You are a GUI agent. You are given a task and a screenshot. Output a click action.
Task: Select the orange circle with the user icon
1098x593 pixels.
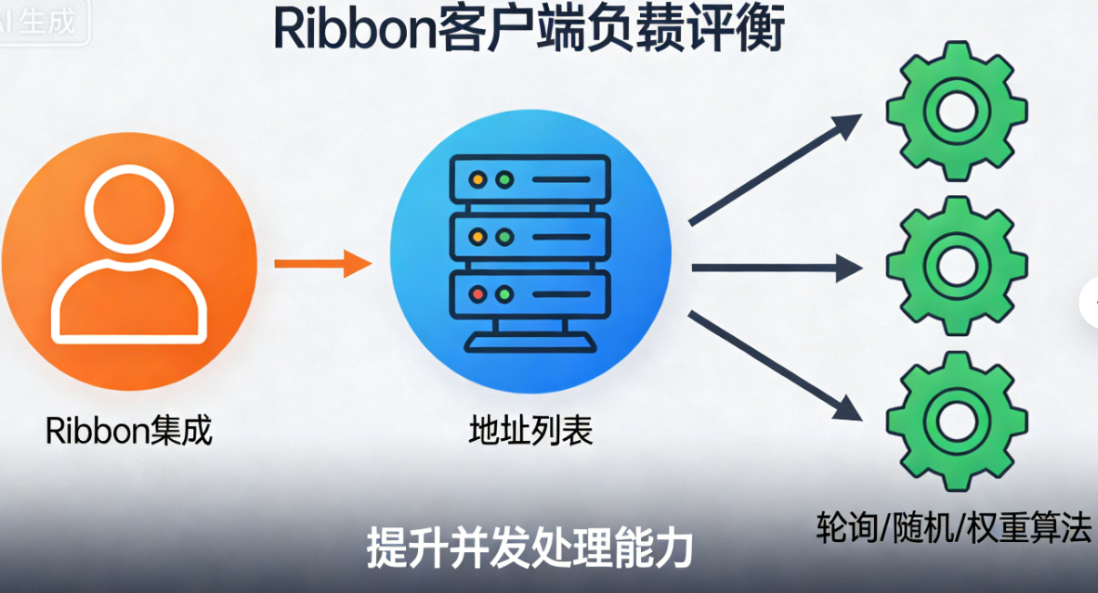(128, 263)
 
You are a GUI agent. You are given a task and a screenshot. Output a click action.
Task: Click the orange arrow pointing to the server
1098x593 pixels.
(323, 265)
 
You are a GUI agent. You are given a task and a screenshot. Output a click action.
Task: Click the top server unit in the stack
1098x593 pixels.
(529, 179)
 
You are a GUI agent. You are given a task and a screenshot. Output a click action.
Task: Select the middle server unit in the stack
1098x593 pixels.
(529, 237)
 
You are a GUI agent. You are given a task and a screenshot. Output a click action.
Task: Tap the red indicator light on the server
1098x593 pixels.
(477, 294)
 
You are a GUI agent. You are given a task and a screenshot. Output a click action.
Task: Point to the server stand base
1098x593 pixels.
(530, 343)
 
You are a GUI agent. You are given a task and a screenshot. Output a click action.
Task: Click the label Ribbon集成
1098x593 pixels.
(129, 430)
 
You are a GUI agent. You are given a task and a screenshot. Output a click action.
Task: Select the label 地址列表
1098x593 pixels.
(530, 430)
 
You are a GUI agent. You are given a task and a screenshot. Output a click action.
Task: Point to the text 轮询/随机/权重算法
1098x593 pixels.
(952, 528)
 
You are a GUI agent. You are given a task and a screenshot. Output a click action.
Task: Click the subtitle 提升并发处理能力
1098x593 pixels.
(530, 547)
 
